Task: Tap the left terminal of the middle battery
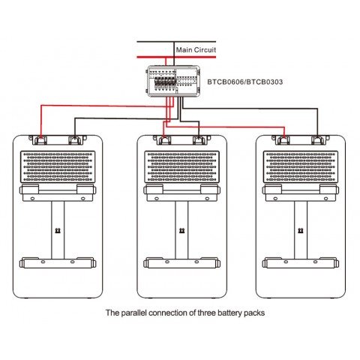pyautogui.click(x=163, y=139)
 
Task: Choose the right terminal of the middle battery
pyautogui.click(x=198, y=139)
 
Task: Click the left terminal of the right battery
pyautogui.click(x=283, y=139)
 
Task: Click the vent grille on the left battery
pyautogui.click(x=58, y=166)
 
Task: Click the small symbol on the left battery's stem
pyautogui.click(x=58, y=231)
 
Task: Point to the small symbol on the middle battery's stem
pyautogui.click(x=180, y=231)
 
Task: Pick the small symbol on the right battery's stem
pyautogui.click(x=301, y=231)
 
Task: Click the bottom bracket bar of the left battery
pyautogui.click(x=58, y=262)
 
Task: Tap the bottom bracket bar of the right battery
pyautogui.click(x=301, y=262)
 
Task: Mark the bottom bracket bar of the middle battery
pyautogui.click(x=180, y=262)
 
